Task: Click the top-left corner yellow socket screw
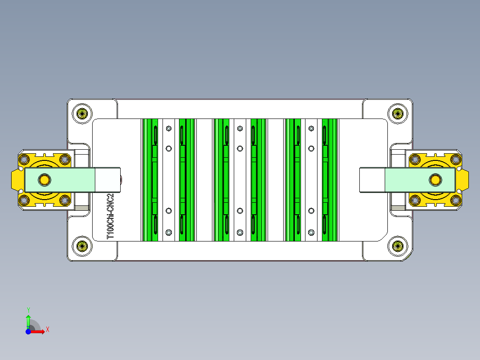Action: point(82,113)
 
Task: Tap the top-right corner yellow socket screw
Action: point(397,113)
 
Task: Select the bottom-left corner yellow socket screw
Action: point(82,246)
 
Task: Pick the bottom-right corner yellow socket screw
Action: point(397,246)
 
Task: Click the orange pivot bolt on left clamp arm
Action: point(44,180)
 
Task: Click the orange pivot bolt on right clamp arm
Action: point(435,180)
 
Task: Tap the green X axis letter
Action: point(48,329)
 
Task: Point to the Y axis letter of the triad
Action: point(28,310)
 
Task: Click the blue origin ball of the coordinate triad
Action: point(28,331)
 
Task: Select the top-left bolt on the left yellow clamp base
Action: point(24,159)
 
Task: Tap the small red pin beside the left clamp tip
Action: point(122,180)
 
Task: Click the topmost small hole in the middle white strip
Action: point(240,128)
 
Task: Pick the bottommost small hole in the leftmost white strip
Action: point(168,232)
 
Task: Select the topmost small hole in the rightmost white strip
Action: point(311,128)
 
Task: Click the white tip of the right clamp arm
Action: point(372,180)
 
